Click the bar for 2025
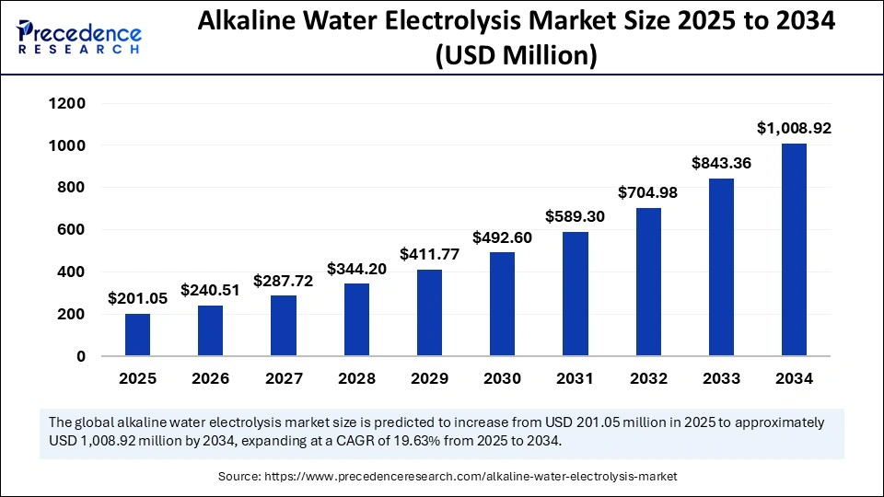point(138,335)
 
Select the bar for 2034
point(794,249)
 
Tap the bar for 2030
point(502,304)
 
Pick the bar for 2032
point(648,282)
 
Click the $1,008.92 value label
point(794,129)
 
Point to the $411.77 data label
point(429,254)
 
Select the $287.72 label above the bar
point(284,281)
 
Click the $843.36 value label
point(721,163)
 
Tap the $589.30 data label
point(576,217)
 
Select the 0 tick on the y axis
point(81,356)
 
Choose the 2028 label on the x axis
point(356,378)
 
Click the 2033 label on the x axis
point(721,378)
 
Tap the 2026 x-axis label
point(211,378)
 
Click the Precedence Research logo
point(79,38)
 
